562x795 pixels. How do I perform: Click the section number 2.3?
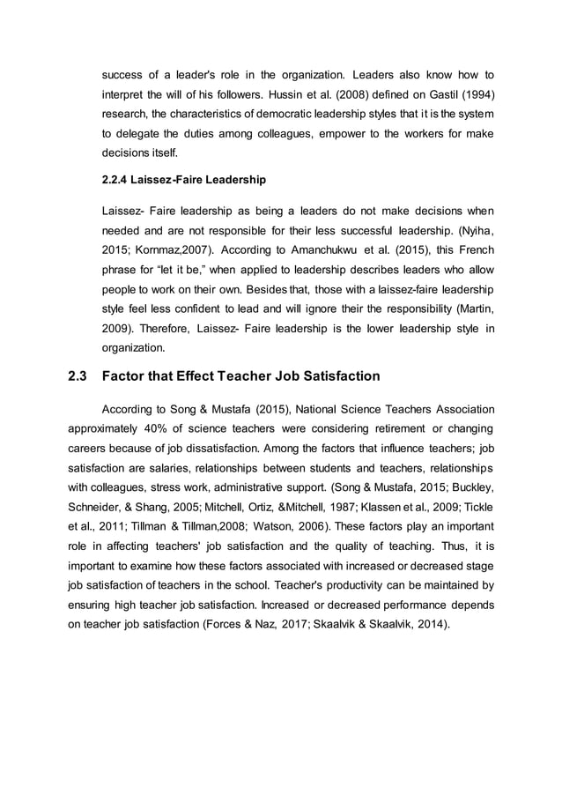pos(77,376)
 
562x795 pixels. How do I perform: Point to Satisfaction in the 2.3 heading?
pos(337,376)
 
